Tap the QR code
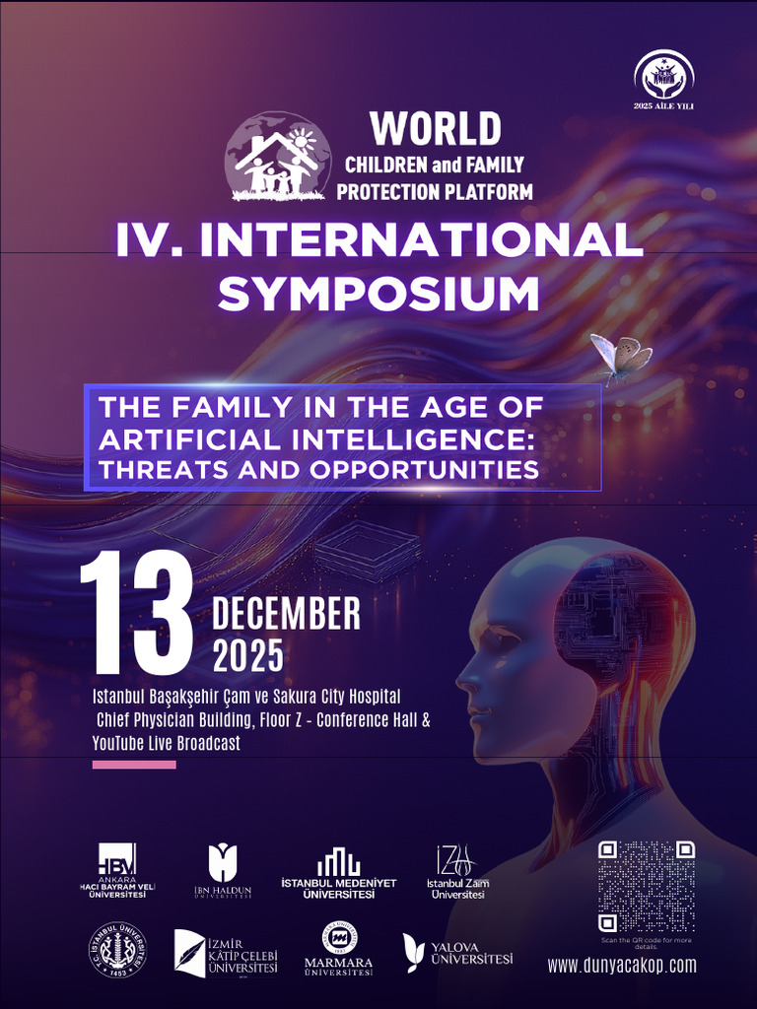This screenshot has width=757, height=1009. pyautogui.click(x=647, y=886)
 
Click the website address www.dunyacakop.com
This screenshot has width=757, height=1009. pyautogui.click(x=622, y=966)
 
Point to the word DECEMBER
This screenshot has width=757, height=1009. pyautogui.click(x=287, y=615)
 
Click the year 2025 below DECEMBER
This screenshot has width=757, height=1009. pyautogui.click(x=248, y=655)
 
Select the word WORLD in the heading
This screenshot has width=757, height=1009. pyautogui.click(x=436, y=129)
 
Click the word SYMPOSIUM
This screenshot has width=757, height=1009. pyautogui.click(x=378, y=294)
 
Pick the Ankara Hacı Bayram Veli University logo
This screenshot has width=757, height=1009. pyautogui.click(x=117, y=870)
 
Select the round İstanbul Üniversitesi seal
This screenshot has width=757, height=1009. pyautogui.click(x=119, y=952)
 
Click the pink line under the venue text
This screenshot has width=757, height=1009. pyautogui.click(x=134, y=765)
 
